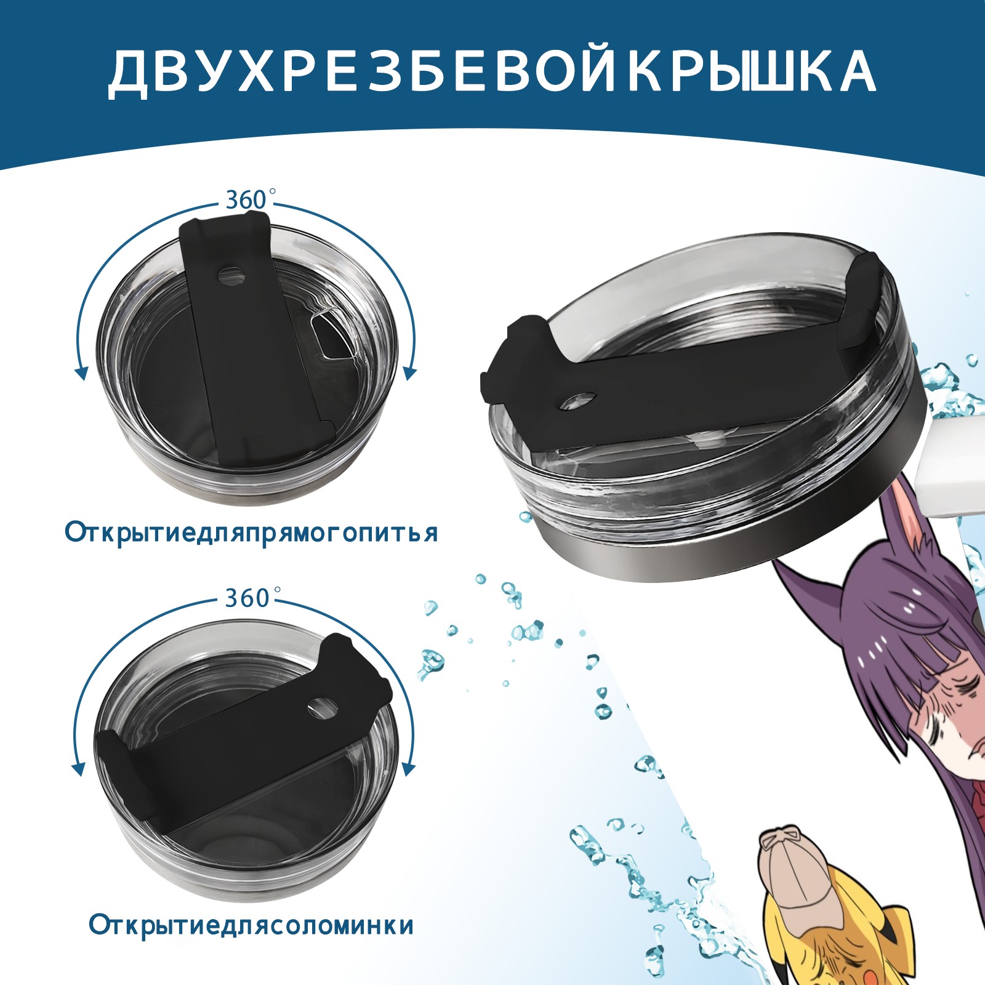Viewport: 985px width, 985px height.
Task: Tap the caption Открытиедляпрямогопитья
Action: coord(251,533)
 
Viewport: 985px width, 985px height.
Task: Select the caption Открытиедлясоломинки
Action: coord(251,925)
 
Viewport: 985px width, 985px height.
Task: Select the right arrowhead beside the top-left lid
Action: coord(410,372)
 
